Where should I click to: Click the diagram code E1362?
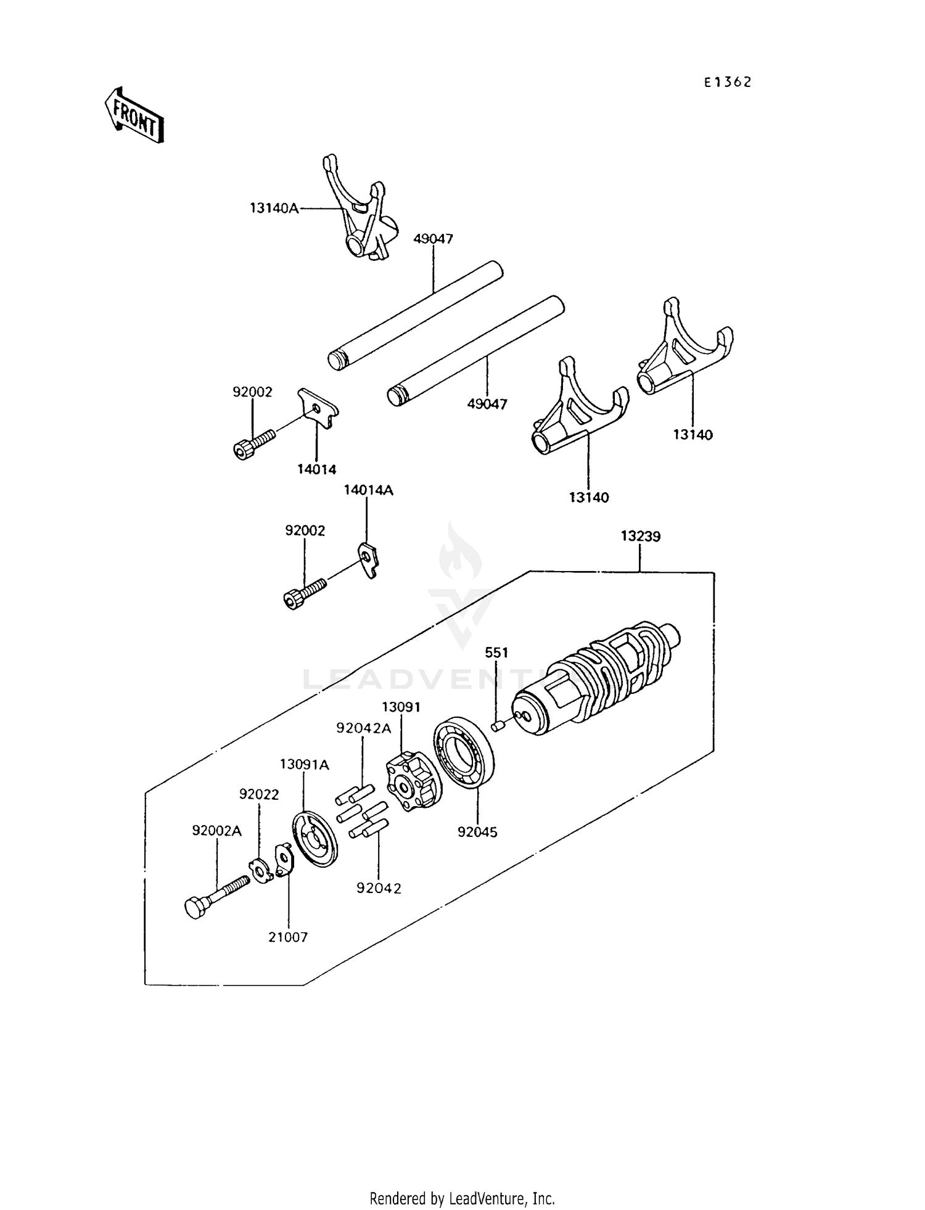click(728, 83)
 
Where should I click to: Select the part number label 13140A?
click(274, 208)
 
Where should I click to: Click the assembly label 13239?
click(640, 537)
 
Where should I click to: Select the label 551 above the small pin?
click(496, 652)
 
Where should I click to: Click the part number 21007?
click(288, 937)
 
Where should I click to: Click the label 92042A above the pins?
click(364, 728)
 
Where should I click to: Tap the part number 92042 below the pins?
click(379, 888)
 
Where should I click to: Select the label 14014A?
click(368, 490)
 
